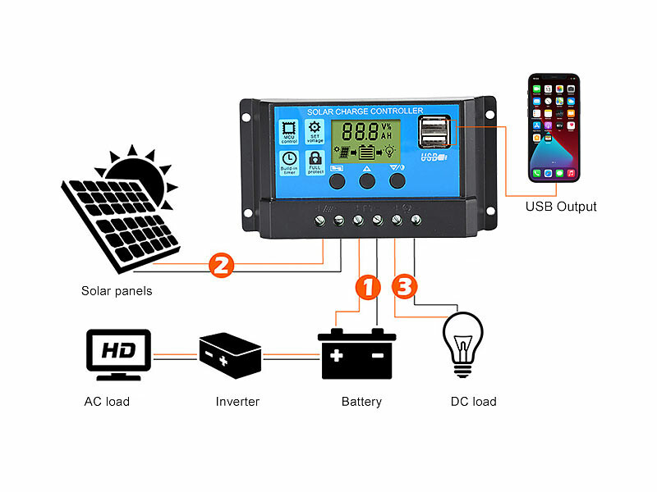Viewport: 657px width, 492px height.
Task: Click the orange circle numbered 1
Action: click(368, 287)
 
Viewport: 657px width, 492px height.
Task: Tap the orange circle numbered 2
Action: click(222, 265)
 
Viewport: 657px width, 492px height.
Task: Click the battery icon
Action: click(357, 353)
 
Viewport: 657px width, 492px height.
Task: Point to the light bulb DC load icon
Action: click(463, 344)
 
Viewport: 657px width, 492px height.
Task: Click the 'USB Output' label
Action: click(561, 207)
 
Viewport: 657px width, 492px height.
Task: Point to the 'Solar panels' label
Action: click(117, 291)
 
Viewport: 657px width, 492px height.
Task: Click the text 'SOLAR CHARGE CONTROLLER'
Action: click(365, 111)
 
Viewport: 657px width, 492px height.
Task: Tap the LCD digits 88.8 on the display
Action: click(358, 131)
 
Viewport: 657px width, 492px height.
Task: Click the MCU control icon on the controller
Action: click(289, 131)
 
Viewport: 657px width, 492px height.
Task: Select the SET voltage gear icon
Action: click(315, 131)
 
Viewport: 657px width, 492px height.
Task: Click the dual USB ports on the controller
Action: click(434, 131)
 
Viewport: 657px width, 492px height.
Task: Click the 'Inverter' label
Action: click(237, 402)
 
